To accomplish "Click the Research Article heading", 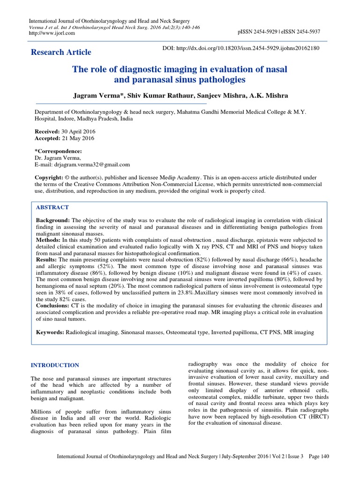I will [61, 52].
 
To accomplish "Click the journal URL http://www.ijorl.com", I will [50, 33].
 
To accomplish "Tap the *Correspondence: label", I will [58, 151].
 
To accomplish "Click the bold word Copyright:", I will [49, 178].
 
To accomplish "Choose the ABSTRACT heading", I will [52, 207].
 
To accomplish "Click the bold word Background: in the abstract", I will [53, 220].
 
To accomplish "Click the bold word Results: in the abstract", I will [47, 259].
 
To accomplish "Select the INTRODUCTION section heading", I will [55, 365].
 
